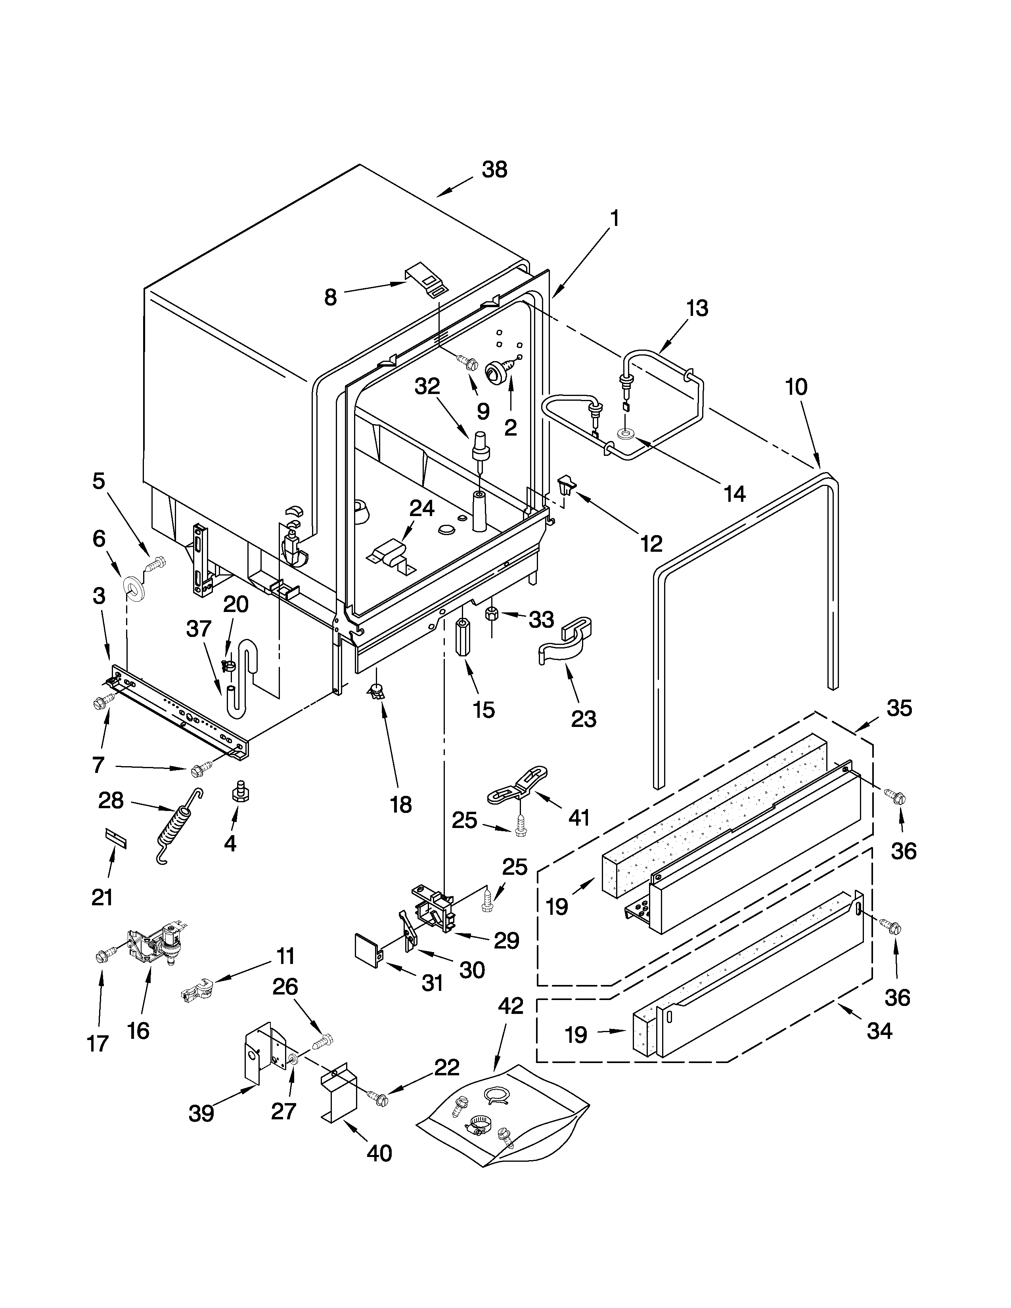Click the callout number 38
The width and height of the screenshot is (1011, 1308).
(495, 170)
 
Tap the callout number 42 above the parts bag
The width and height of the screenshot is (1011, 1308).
(510, 1006)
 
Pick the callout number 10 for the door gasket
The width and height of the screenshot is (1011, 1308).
(796, 387)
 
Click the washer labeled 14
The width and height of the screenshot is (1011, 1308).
(625, 433)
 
